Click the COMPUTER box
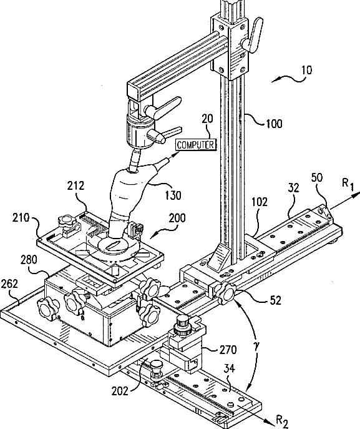tap(196, 145)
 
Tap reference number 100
tap(274, 124)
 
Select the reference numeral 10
tap(307, 71)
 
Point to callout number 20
tap(207, 119)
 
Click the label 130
tap(173, 195)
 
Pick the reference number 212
tap(75, 185)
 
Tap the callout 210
tap(21, 217)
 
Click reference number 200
tap(177, 218)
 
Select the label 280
tap(29, 260)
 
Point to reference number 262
tap(9, 284)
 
